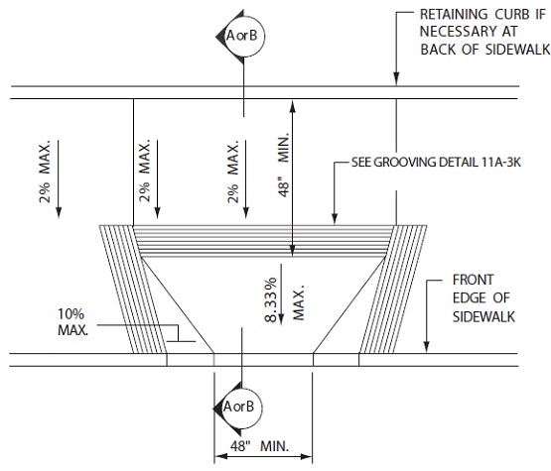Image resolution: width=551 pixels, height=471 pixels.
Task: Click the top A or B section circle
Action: tap(245, 36)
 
